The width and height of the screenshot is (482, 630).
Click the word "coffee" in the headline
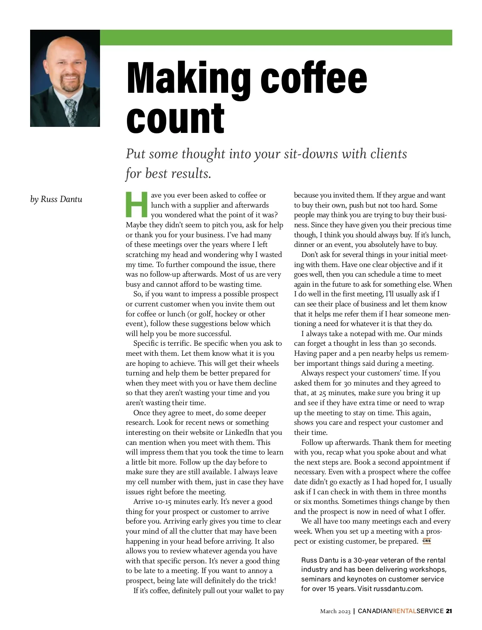point(314,78)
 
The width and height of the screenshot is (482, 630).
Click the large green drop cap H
point(137,204)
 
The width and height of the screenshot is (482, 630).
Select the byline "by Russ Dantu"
point(56,199)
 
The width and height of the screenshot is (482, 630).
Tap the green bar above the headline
point(276,37)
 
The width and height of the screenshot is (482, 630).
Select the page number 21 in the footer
point(449,611)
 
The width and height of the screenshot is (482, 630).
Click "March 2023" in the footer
point(335,611)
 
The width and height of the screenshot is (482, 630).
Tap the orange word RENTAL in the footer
point(404,611)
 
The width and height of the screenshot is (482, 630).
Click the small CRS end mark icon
point(427,541)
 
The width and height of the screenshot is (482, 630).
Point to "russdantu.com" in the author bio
point(397,589)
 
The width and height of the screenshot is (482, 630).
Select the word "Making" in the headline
point(189,78)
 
